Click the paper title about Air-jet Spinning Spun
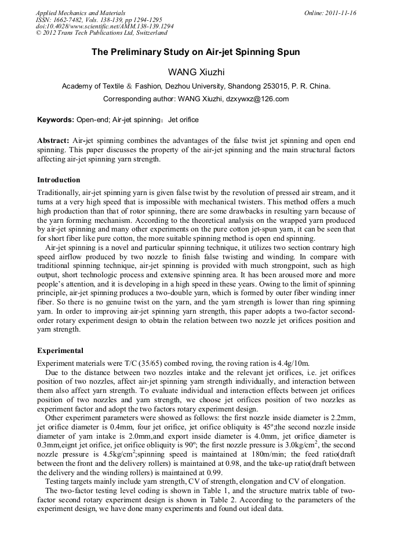tap(196, 52)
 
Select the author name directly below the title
tap(196, 72)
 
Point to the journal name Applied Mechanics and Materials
tap(81, 13)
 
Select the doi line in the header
tap(105, 27)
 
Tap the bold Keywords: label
tap(56, 120)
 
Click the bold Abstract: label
tap(53, 141)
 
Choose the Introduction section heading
tap(59, 180)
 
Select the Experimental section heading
tap(60, 351)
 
